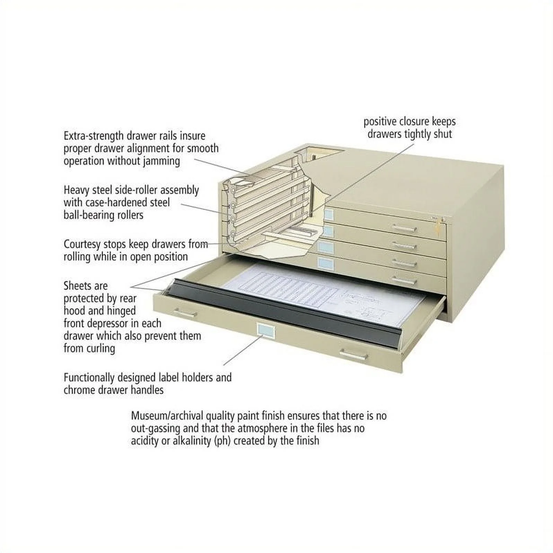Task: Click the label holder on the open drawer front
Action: [265, 330]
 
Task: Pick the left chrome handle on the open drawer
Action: [185, 314]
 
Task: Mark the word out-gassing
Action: [156, 429]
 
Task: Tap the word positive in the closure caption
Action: [380, 122]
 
